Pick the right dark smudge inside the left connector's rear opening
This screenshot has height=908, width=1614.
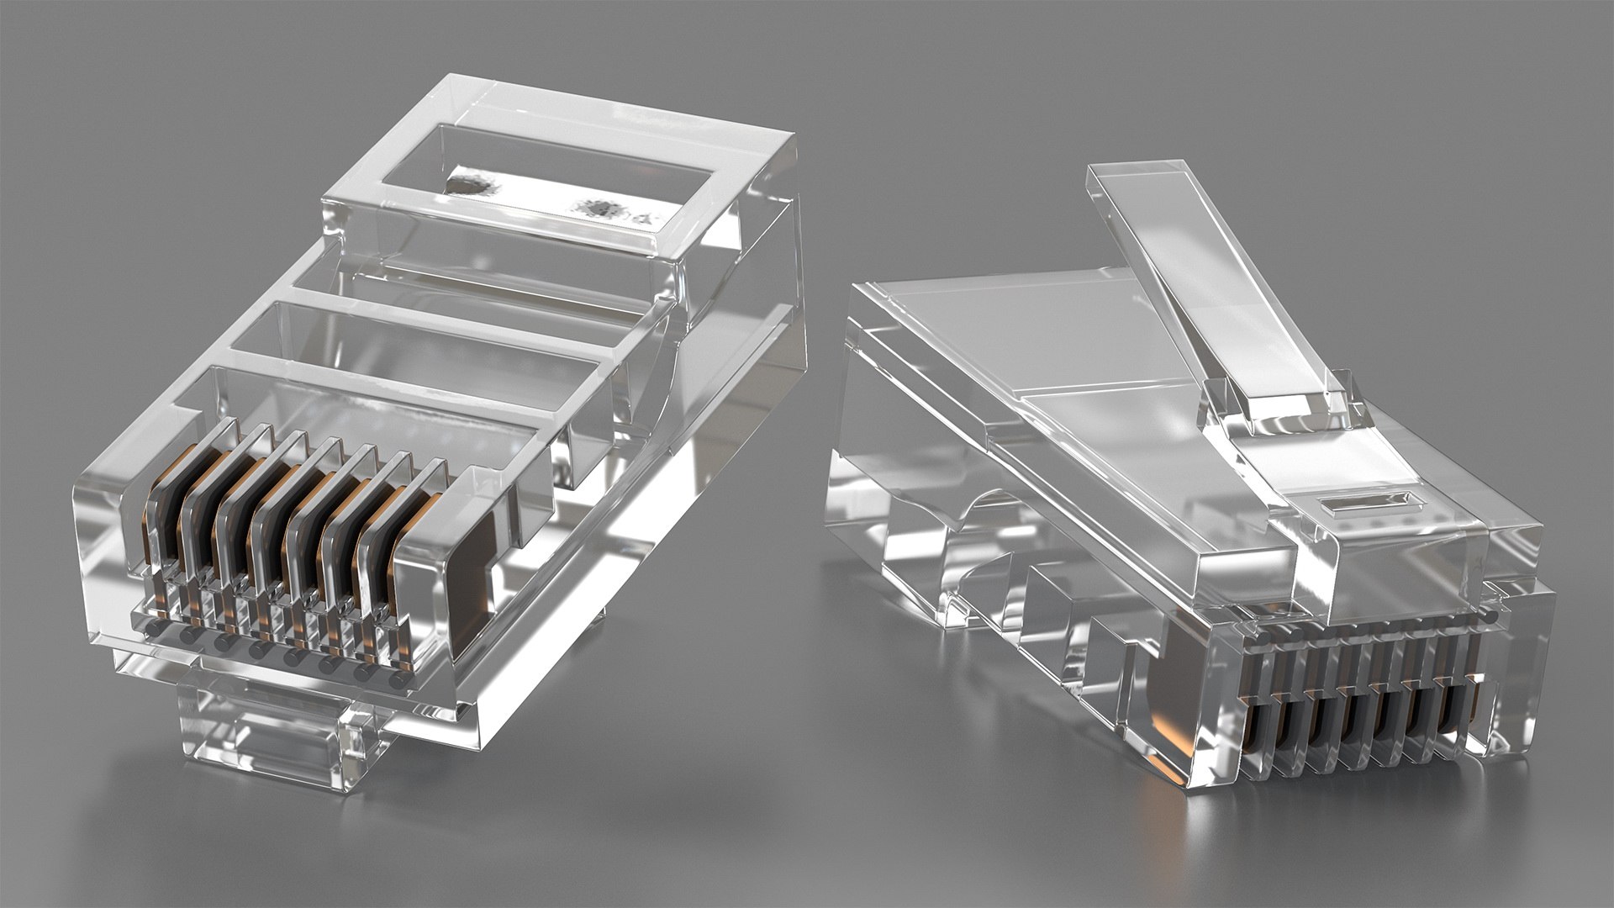coord(599,206)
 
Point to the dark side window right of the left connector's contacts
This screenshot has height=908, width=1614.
coord(471,580)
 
